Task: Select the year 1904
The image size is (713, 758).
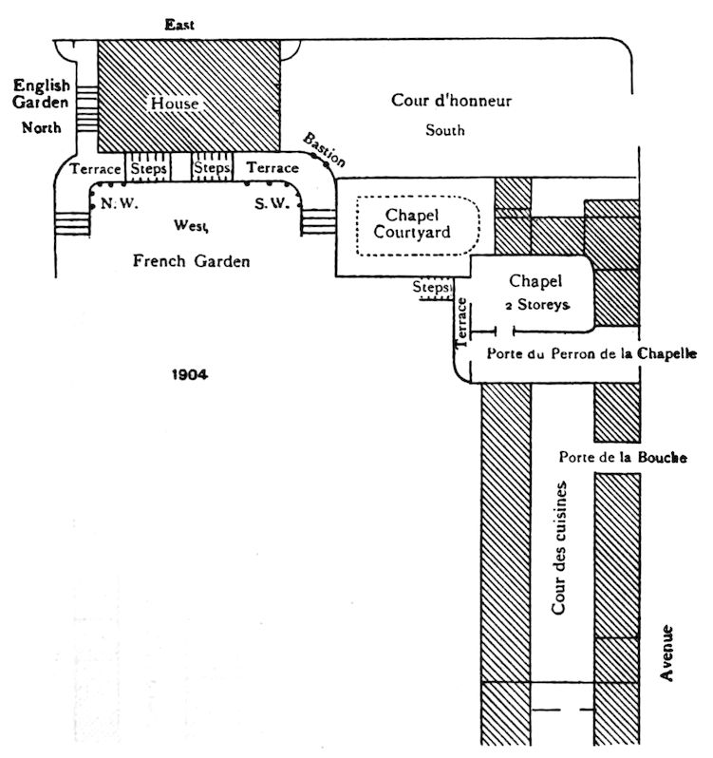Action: [x=190, y=374]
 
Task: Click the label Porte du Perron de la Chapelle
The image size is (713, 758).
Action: [x=591, y=354]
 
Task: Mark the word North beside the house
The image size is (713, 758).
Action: [x=43, y=128]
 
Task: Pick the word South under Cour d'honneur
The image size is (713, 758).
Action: [x=444, y=130]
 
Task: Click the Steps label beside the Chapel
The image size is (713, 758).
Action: [x=432, y=286]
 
